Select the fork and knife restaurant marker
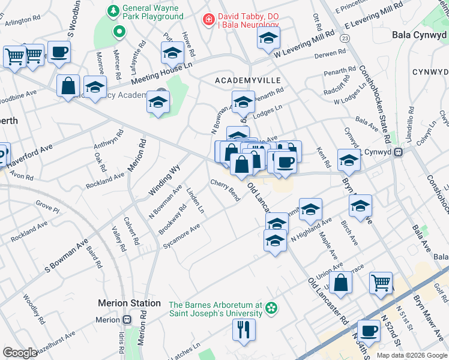tap(244, 330)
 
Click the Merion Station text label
tap(129, 304)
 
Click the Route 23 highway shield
tap(344, 38)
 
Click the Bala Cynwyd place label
tap(419, 35)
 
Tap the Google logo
tap(20, 352)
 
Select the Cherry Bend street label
tap(226, 190)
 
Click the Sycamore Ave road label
tap(182, 237)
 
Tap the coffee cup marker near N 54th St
tap(368, 329)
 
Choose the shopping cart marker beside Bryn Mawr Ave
tap(381, 283)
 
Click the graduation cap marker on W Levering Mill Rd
tap(268, 39)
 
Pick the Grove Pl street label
tap(47, 207)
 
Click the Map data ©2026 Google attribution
tap(411, 355)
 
